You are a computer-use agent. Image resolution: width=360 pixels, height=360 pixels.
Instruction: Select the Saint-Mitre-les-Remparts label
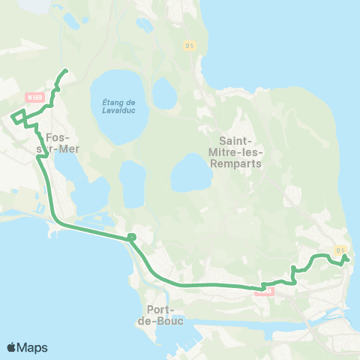click(241, 152)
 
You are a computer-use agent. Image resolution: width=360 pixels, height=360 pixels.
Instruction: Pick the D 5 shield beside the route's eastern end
click(340, 250)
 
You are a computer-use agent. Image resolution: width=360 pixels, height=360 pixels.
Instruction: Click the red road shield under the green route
click(263, 291)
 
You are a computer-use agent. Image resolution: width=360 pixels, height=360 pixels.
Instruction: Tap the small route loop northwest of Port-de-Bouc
click(131, 238)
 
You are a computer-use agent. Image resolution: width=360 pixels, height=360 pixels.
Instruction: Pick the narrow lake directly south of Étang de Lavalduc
click(133, 184)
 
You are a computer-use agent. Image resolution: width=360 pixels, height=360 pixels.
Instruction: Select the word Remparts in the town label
click(241, 163)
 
